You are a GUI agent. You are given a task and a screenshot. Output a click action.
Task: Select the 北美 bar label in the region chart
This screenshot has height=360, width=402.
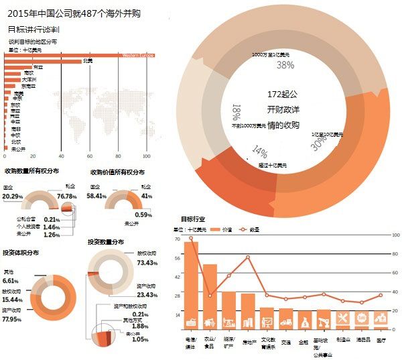pyautogui.click(x=87, y=61)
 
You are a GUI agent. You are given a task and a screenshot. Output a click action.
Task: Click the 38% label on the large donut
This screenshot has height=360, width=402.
pyautogui.click(x=285, y=65)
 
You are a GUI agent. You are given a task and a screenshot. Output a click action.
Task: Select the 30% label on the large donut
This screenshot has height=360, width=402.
pyautogui.click(x=320, y=142)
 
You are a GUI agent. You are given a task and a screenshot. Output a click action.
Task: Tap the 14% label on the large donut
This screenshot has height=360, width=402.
pyautogui.click(x=260, y=152)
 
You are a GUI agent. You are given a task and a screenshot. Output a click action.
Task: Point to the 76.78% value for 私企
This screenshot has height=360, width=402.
pyautogui.click(x=68, y=196)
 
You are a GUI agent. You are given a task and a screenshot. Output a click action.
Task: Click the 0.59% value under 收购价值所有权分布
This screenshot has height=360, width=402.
pyautogui.click(x=144, y=215)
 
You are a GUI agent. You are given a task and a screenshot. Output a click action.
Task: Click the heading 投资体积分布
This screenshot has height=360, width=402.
pyautogui.click(x=20, y=253)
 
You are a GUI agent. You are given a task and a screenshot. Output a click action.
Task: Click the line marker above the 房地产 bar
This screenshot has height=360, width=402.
pyautogui.click(x=248, y=257)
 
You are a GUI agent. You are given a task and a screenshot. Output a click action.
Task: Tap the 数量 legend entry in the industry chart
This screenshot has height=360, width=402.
pyautogui.click(x=255, y=229)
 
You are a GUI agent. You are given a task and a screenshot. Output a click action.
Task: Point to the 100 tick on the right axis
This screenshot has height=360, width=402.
pyautogui.click(x=396, y=235)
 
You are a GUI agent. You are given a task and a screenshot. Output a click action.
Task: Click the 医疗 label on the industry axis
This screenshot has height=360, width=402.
pyautogui.click(x=381, y=340)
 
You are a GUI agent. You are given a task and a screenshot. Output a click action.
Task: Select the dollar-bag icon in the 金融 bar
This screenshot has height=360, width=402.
pyautogui.click(x=304, y=322)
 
